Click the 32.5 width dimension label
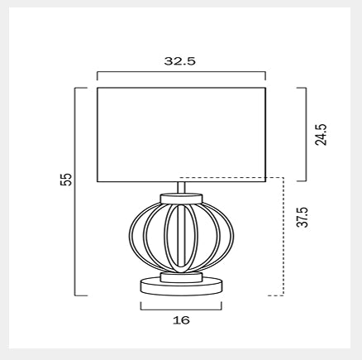[x=180, y=61]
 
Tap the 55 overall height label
[x=66, y=180]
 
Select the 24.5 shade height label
[x=321, y=135]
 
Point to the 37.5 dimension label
[x=302, y=217]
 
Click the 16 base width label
[x=181, y=320]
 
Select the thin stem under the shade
[x=181, y=188]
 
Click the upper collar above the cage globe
[x=181, y=199]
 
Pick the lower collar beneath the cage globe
[x=181, y=277]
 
